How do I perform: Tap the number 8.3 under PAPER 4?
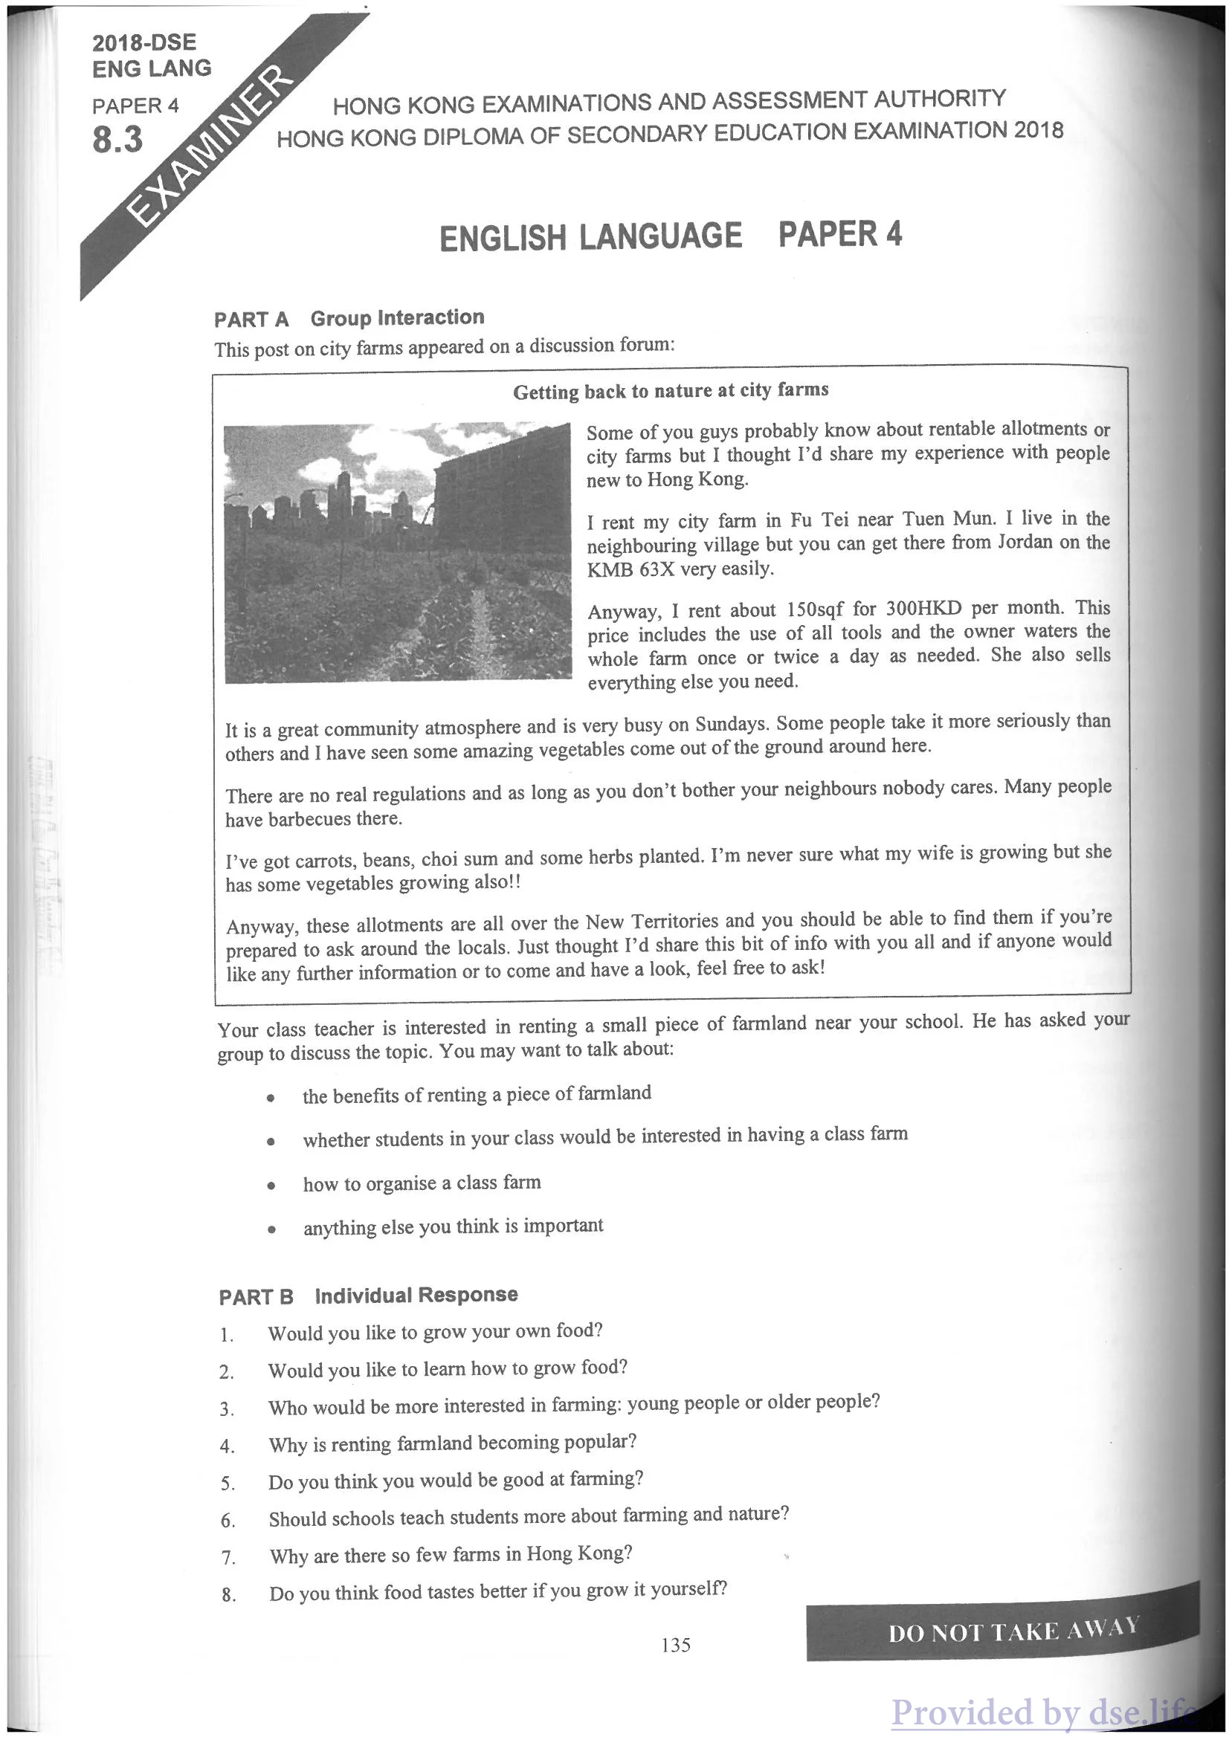[117, 140]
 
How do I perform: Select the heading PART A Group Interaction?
[349, 319]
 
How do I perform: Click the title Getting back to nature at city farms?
[671, 390]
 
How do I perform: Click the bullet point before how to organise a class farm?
[270, 1186]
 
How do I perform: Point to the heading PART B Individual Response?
[368, 1296]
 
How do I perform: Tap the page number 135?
[675, 1645]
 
